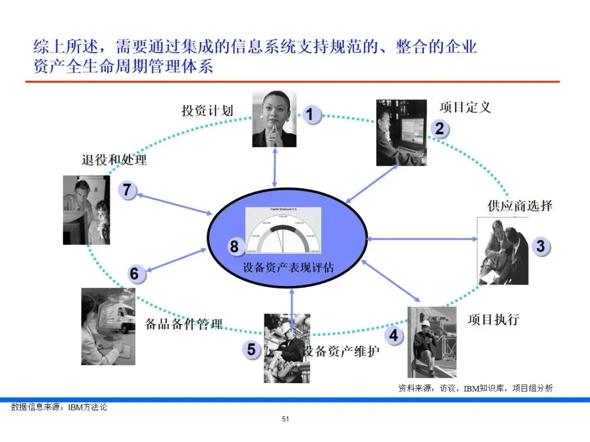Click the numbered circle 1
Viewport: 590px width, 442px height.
click(310, 115)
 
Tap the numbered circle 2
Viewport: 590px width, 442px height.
click(439, 129)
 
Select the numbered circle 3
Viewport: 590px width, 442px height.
click(540, 246)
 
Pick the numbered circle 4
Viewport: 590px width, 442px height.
click(393, 336)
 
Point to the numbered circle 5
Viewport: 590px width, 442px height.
click(251, 349)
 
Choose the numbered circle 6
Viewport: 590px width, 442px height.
click(134, 273)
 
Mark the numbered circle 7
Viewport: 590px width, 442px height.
click(127, 190)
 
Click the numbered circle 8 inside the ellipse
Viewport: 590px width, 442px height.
click(234, 247)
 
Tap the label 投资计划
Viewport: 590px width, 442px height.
click(207, 111)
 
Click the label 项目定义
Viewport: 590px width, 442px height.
click(465, 107)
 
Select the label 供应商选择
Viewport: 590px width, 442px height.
click(520, 206)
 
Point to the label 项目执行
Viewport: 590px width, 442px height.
click(493, 319)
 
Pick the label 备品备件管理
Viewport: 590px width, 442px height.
click(184, 324)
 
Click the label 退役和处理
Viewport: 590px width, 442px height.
click(114, 160)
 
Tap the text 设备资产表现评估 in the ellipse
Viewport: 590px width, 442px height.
click(288, 268)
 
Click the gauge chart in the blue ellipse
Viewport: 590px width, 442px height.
click(282, 230)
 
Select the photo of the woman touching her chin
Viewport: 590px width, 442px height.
click(274, 119)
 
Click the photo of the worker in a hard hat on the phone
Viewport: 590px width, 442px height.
click(432, 342)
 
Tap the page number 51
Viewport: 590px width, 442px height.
click(285, 419)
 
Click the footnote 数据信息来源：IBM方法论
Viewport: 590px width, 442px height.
click(59, 407)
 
